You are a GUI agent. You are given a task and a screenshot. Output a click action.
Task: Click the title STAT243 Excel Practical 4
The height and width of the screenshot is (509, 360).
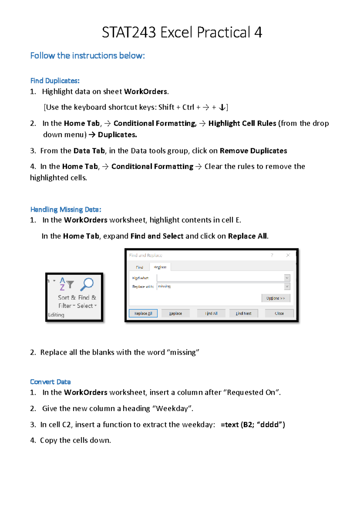coord(182,32)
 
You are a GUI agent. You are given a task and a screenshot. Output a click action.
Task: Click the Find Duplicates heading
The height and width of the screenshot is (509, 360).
coord(55,81)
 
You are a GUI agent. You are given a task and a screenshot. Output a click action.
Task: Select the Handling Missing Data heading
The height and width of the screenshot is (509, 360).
coord(66,209)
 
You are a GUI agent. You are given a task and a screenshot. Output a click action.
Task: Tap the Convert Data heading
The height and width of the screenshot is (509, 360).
coord(50,382)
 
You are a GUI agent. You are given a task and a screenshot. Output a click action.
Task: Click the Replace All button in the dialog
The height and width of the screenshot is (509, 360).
coord(143,313)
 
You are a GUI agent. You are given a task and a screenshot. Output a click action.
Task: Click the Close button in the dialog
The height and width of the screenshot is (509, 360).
coord(279,313)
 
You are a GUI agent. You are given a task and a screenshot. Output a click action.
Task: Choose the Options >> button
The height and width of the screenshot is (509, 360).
coord(275,298)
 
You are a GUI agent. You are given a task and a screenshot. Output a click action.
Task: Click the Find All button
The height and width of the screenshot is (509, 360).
coord(211,313)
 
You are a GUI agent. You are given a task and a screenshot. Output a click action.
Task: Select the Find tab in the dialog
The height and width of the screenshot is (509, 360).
coord(139,267)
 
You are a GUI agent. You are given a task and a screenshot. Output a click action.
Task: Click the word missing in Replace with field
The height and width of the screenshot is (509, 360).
coord(164,286)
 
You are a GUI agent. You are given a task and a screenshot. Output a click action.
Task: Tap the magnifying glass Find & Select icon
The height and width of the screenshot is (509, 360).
coord(87,284)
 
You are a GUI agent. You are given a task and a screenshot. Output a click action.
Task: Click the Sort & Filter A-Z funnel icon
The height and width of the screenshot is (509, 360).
coord(66,284)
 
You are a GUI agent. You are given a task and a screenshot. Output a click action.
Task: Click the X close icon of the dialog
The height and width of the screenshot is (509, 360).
coord(288,255)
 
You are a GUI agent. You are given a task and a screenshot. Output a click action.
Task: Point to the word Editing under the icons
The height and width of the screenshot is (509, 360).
coord(56,315)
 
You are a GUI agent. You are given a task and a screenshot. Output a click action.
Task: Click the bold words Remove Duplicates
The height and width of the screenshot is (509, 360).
coord(253,151)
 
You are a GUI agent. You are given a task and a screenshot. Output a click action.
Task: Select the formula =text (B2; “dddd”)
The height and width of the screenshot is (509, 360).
coord(253,425)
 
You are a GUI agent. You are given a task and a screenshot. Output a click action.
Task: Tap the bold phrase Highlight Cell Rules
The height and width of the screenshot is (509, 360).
coord(242,123)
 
